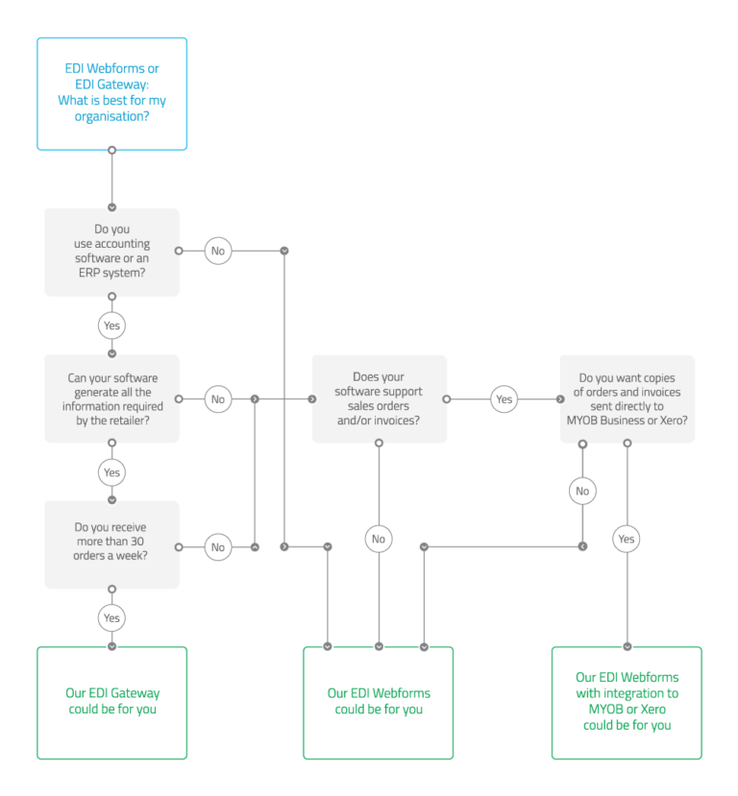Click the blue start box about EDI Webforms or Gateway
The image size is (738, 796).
(x=111, y=93)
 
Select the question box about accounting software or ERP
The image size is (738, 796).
(x=111, y=252)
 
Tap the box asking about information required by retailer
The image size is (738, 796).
(x=111, y=398)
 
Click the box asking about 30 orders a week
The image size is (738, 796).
(x=111, y=544)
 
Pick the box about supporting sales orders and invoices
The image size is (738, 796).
(x=379, y=398)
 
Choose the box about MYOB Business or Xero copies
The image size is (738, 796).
(x=627, y=398)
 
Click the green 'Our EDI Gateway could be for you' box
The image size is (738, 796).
(x=111, y=702)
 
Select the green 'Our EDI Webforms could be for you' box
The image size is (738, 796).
(x=379, y=702)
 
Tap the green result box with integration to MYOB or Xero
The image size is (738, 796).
(x=627, y=702)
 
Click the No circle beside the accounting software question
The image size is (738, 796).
(x=218, y=251)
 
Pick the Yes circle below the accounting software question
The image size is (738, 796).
(x=111, y=326)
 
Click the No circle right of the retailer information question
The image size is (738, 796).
(x=218, y=398)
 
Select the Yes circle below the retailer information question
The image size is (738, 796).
(x=111, y=471)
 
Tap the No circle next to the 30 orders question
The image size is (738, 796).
(x=218, y=546)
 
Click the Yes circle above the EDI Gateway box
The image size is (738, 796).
(x=111, y=617)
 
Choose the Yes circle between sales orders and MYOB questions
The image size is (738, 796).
(x=504, y=398)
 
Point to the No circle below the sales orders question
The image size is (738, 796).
(x=379, y=539)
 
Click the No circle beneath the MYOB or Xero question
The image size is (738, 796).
(x=581, y=491)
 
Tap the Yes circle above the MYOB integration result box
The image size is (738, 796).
(x=627, y=539)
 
